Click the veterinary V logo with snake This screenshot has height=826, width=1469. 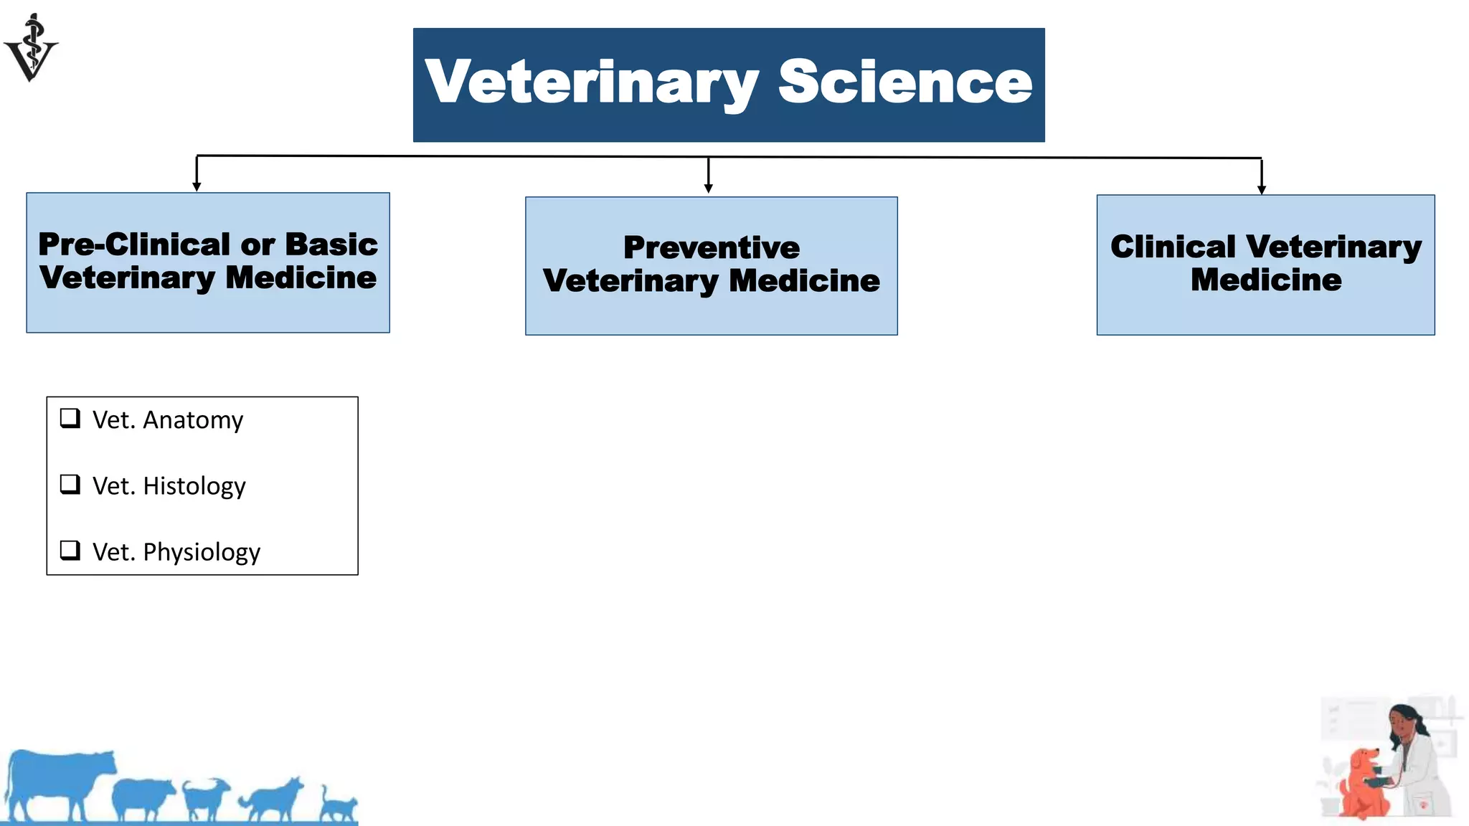click(x=31, y=48)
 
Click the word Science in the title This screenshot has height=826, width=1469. click(x=904, y=82)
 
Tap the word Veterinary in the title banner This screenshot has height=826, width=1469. click(x=591, y=83)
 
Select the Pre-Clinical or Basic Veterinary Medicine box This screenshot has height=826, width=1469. click(x=208, y=262)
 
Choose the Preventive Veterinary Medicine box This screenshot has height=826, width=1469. click(x=711, y=266)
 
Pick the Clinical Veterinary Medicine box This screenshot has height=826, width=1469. click(x=1265, y=265)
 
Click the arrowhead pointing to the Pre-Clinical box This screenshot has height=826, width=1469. click(x=197, y=186)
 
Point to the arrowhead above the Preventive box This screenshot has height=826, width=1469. click(x=708, y=189)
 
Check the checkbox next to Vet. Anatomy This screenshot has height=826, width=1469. click(x=70, y=418)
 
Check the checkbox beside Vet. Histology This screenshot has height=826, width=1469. click(x=70, y=485)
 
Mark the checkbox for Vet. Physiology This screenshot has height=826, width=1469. click(x=70, y=551)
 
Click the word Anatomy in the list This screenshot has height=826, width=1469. click(x=193, y=420)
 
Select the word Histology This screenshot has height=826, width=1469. click(x=194, y=487)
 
